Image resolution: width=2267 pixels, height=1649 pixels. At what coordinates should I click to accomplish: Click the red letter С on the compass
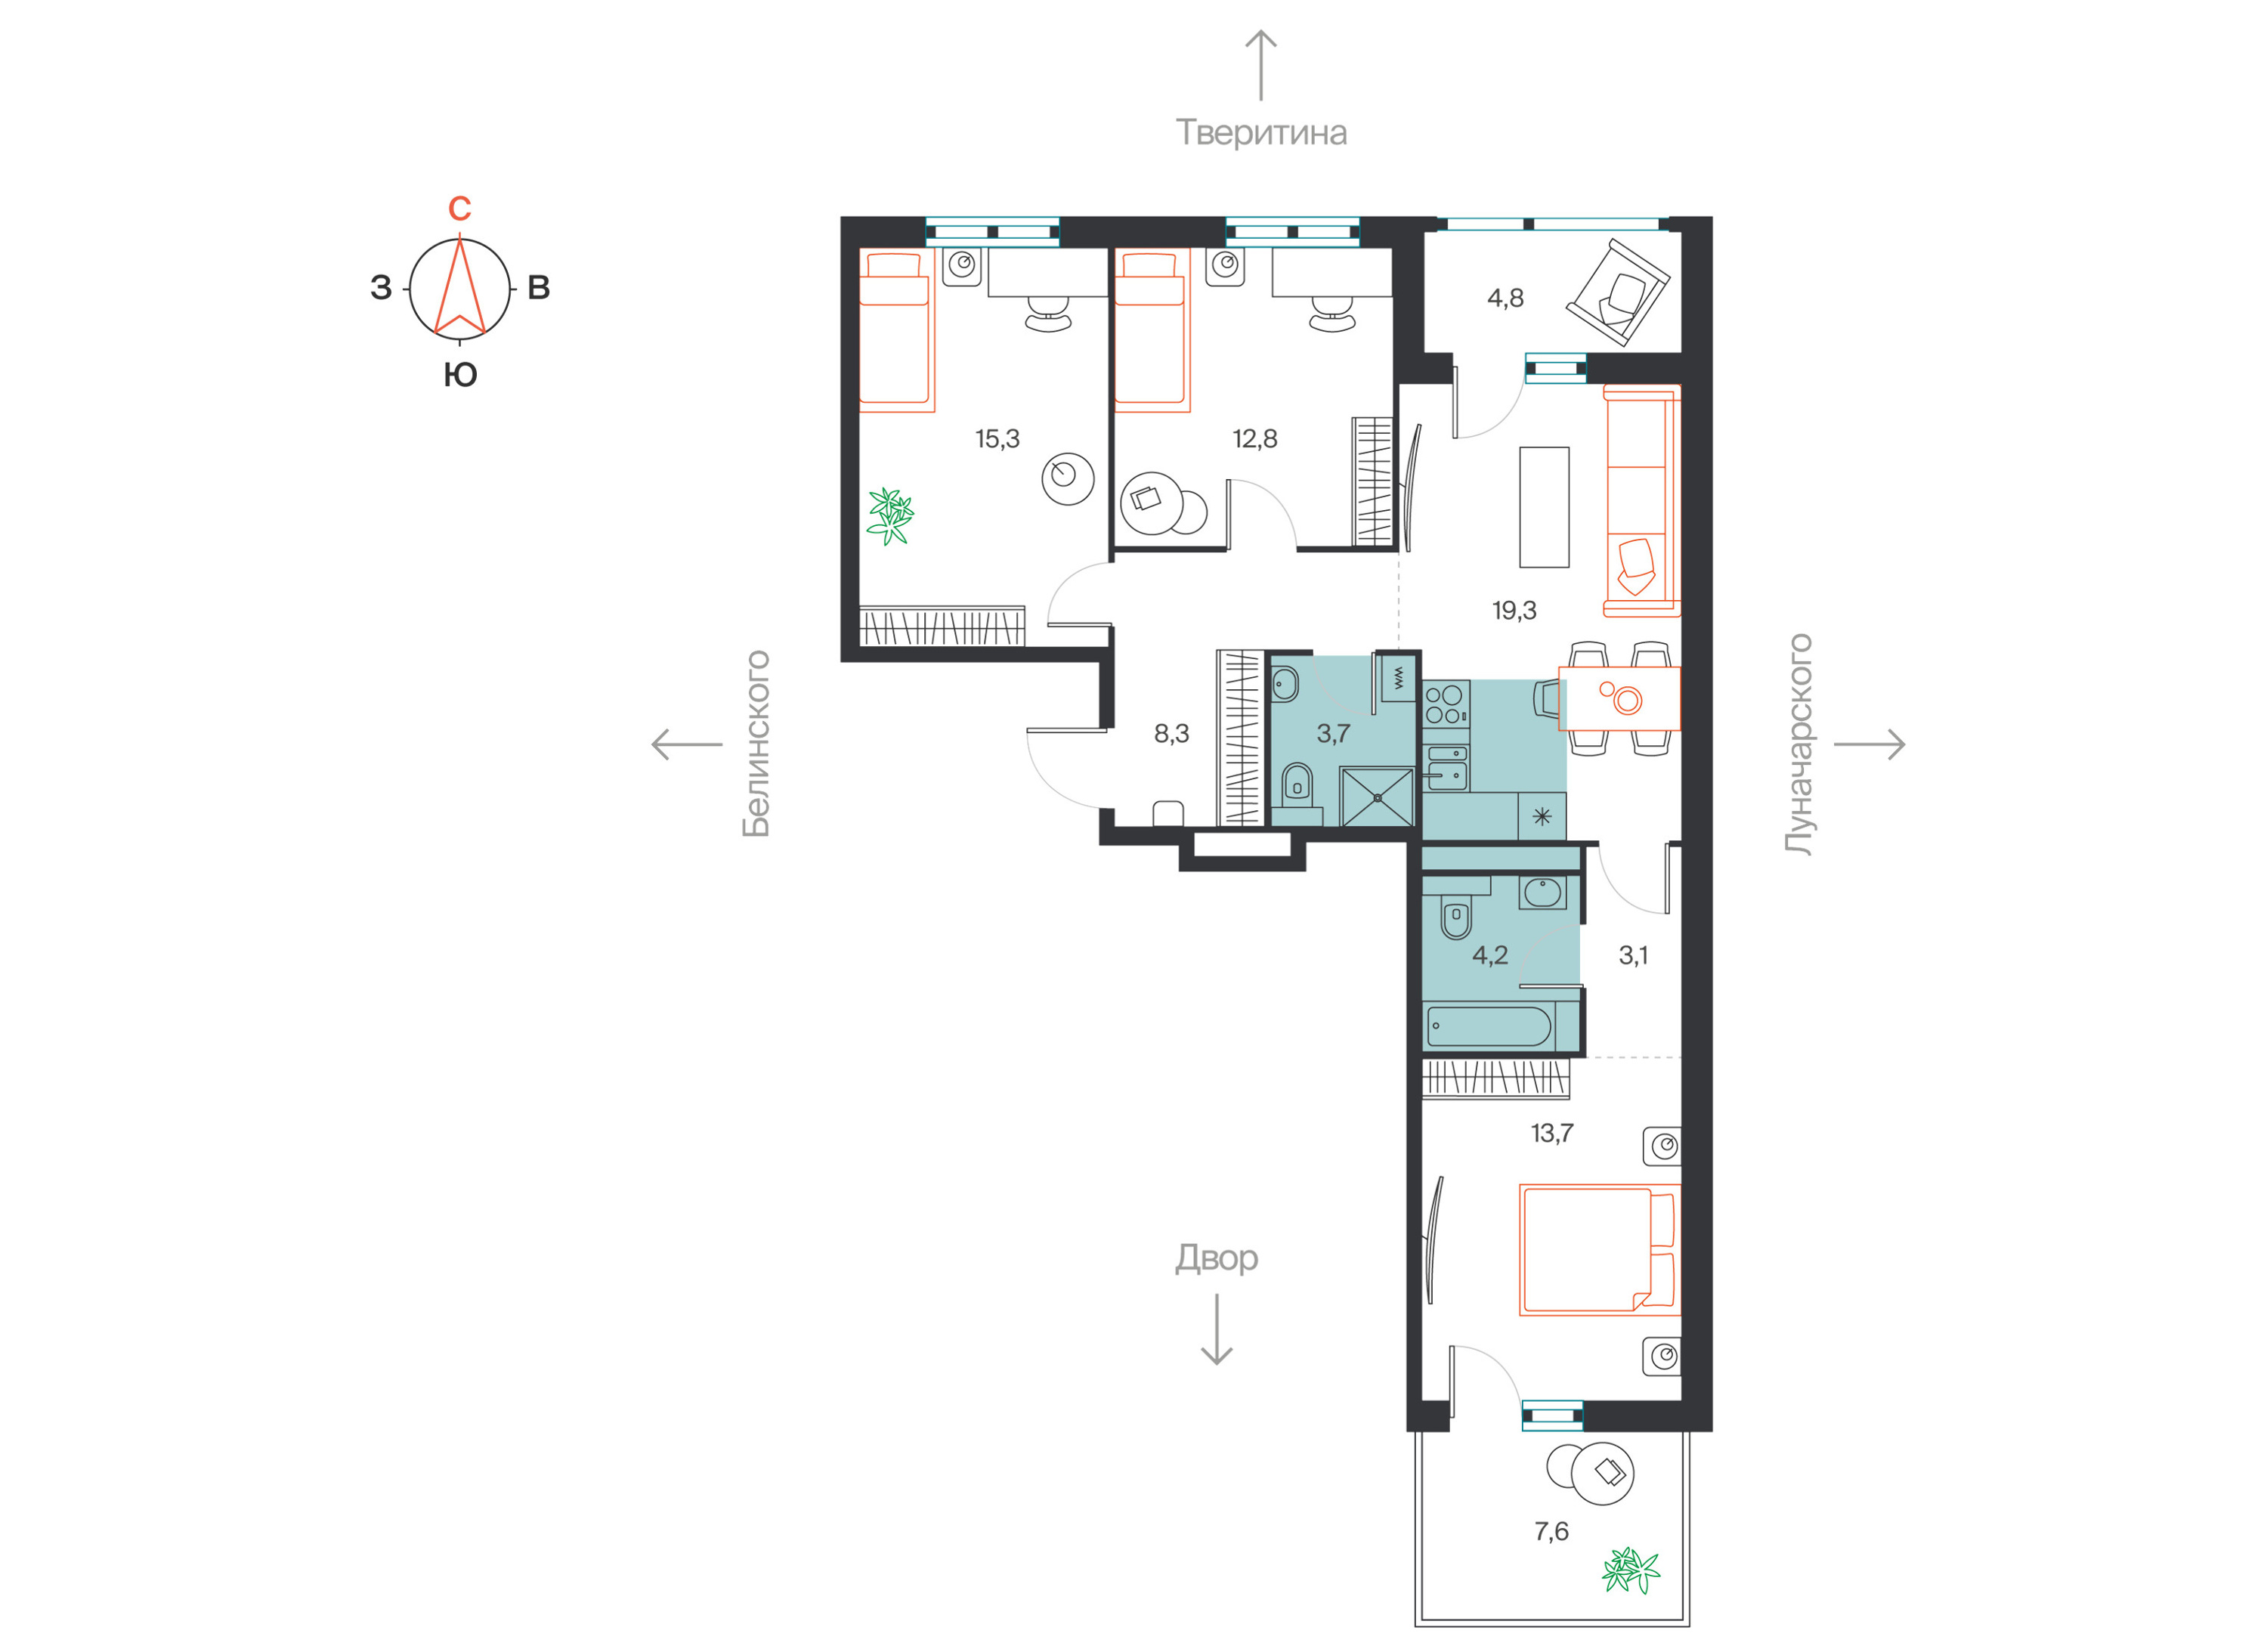click(459, 208)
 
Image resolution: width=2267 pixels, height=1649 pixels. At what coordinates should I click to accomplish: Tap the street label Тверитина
click(1260, 133)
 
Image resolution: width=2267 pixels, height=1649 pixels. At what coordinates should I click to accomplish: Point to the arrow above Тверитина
click(1260, 65)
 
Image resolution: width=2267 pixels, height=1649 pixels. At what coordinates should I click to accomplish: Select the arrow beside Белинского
click(687, 744)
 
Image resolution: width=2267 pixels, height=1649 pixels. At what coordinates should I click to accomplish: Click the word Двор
click(1217, 1258)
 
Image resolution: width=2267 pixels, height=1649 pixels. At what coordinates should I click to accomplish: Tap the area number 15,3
click(997, 439)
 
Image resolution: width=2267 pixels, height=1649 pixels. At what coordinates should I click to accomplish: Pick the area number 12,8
click(1254, 439)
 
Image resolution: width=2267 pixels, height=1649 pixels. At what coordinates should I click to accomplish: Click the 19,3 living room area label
click(1514, 611)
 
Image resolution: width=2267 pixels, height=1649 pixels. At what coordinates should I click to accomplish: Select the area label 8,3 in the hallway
click(1171, 735)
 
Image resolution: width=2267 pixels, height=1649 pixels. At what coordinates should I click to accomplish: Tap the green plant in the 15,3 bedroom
click(889, 515)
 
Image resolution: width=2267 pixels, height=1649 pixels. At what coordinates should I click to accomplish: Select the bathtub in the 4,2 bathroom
click(1489, 1026)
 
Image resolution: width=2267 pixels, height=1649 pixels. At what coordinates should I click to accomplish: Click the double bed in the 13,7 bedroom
click(1599, 1249)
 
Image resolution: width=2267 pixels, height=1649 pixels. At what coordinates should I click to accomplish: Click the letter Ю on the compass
click(459, 376)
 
